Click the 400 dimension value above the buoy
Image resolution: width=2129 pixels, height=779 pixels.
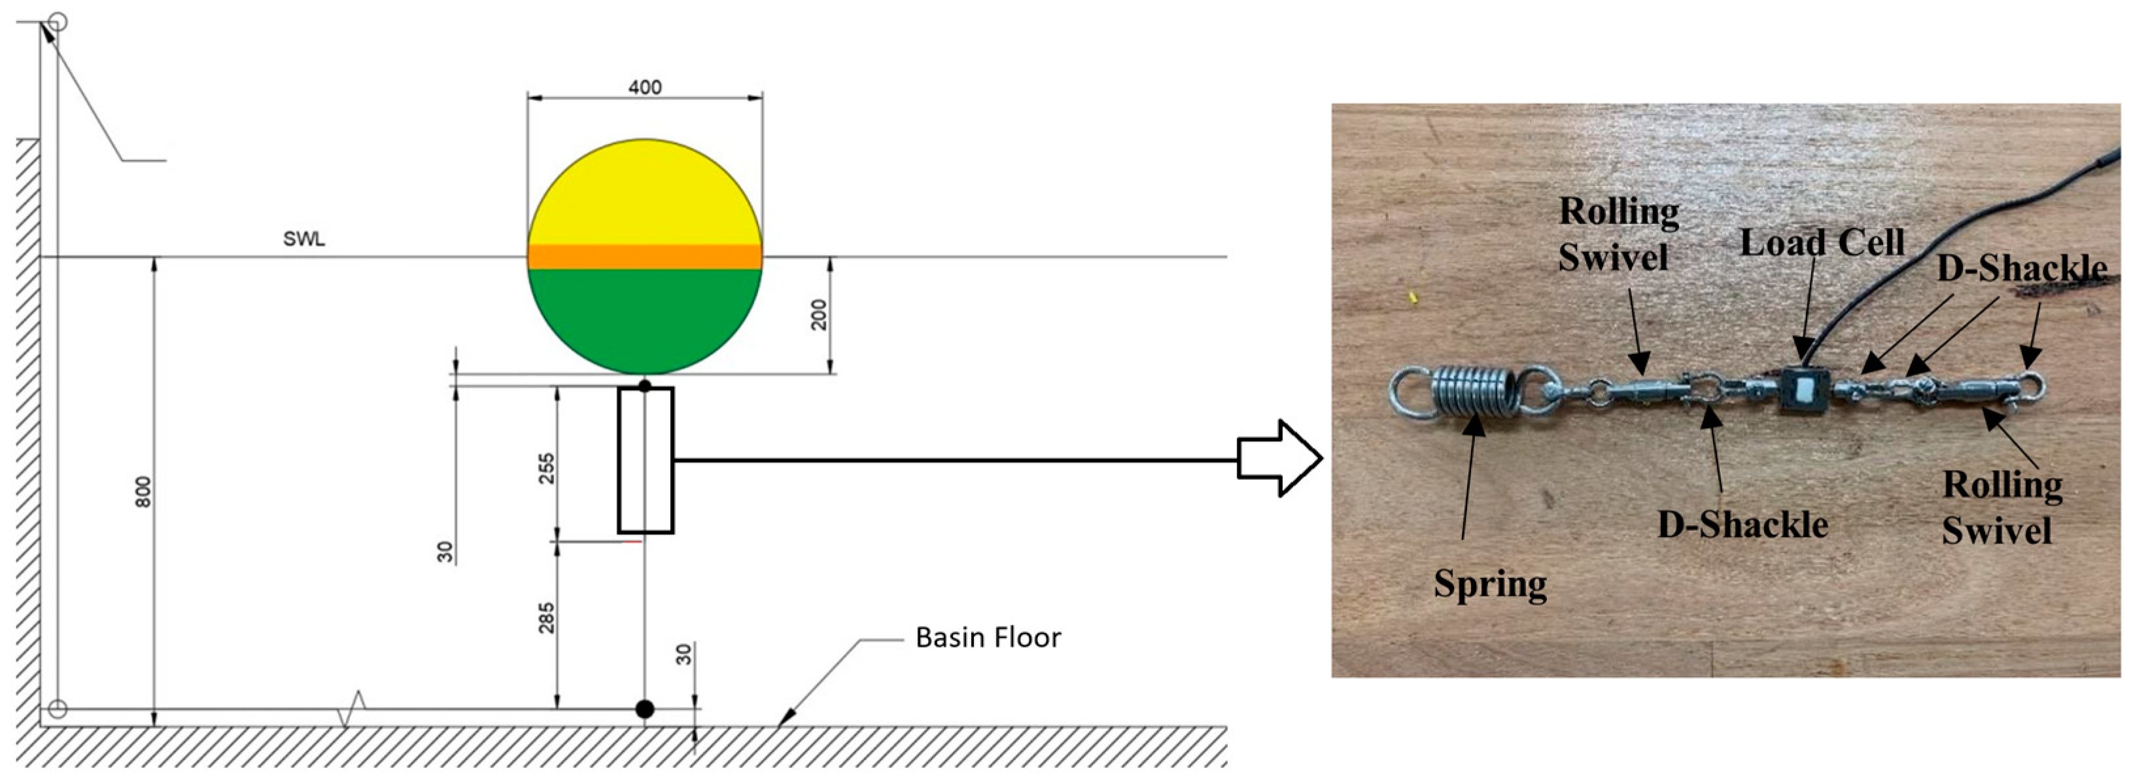645,87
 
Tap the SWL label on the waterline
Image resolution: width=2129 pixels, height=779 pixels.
304,239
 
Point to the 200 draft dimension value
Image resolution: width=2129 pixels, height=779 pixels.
818,314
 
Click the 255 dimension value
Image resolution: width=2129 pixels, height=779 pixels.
546,469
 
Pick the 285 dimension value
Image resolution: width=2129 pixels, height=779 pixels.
546,618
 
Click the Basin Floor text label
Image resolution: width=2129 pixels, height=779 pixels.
988,638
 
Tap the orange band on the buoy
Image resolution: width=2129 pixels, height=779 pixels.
645,257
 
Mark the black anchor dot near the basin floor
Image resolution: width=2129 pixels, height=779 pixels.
645,709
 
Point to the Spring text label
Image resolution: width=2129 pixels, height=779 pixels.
1490,584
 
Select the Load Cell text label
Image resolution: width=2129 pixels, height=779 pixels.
1822,243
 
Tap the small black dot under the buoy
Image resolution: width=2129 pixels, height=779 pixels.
646,386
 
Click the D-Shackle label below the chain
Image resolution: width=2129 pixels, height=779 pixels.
1742,525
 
